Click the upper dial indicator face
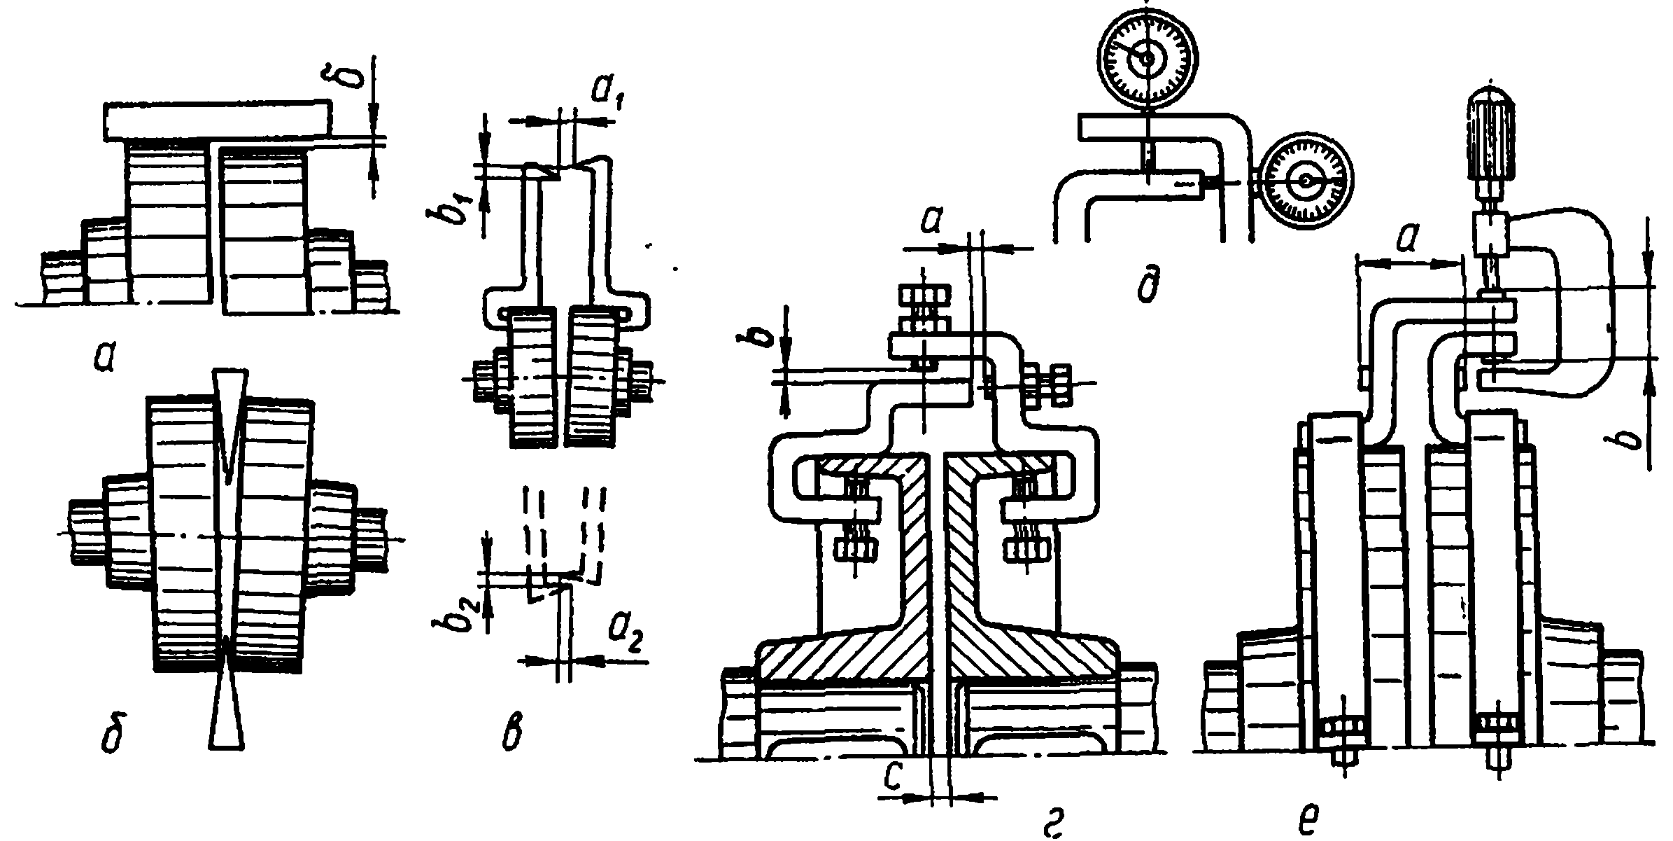click(x=1147, y=59)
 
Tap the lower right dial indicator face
click(x=1304, y=181)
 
